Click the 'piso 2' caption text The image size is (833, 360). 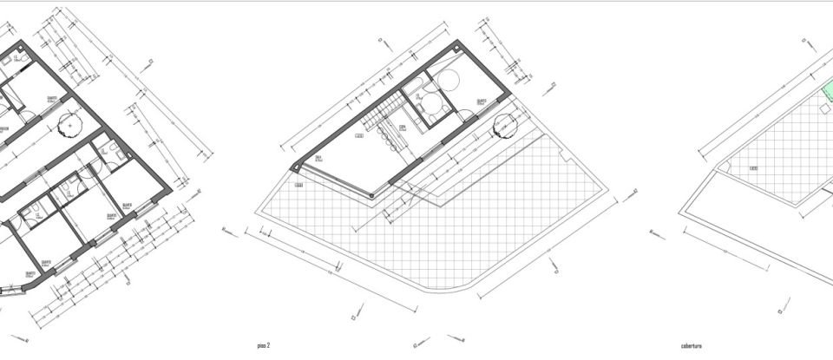263,345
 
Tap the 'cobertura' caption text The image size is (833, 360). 692,345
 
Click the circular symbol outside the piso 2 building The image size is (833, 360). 502,128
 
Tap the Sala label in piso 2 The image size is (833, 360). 318,157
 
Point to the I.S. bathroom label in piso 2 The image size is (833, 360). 419,97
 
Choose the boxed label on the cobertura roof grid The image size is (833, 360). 754,168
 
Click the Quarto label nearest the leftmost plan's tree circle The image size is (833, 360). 51,97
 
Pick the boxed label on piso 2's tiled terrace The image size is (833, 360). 298,185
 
